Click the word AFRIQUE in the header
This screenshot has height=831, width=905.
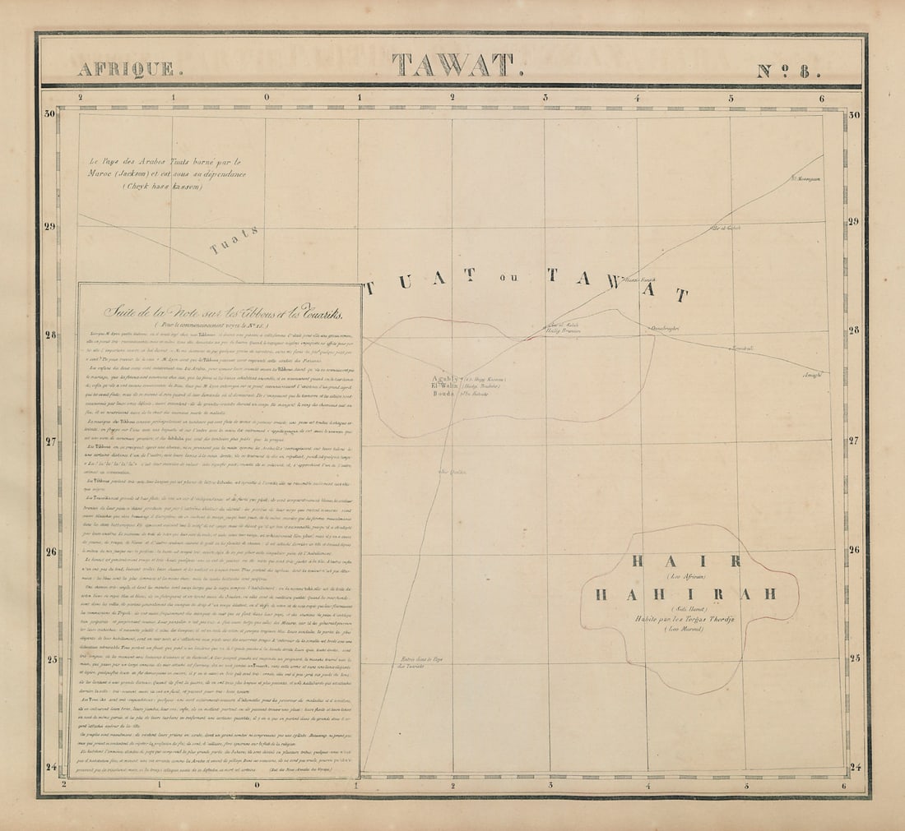click(125, 69)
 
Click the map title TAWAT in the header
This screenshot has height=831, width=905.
click(452, 66)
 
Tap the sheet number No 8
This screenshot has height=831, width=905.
click(788, 70)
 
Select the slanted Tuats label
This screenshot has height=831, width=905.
click(234, 240)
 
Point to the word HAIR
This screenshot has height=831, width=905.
click(686, 561)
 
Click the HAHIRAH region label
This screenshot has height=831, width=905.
click(685, 594)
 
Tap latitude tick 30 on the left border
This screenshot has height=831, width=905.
click(50, 114)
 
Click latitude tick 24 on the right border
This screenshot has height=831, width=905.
click(853, 768)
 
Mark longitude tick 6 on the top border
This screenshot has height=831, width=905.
click(822, 98)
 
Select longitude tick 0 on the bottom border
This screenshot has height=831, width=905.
click(258, 784)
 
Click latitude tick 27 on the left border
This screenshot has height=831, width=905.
click(50, 441)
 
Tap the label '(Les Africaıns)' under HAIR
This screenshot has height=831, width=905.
click(685, 577)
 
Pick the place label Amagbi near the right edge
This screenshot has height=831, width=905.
click(811, 375)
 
